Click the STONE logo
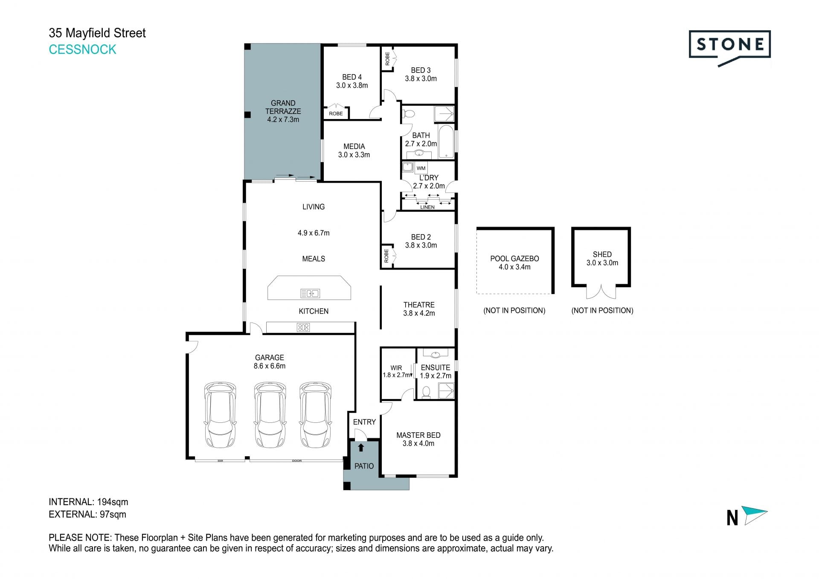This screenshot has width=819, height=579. pos(729,48)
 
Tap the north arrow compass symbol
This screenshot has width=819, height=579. pos(754,515)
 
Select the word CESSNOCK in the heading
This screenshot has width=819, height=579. pos(82,49)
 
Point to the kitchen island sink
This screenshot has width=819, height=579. pos(310,293)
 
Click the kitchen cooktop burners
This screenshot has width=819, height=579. pos(303,327)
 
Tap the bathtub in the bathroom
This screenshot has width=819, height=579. pos(446,141)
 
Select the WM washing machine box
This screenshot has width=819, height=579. pos(421,168)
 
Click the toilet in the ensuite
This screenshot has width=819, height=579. pos(426,392)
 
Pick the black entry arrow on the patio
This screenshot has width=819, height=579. pos(361,448)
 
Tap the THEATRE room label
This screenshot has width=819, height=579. pos(419,305)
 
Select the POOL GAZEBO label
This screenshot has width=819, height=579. pos(514,259)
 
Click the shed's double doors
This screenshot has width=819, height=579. pos(601,291)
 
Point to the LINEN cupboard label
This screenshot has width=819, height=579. pos(427,207)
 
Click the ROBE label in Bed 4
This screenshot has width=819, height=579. pos(336,113)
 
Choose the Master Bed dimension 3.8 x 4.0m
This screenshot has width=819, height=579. pos(418,443)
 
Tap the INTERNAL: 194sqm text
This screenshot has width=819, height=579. pos(88,502)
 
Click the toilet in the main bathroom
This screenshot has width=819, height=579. pos(409,114)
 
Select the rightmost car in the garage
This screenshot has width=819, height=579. pos(315,414)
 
